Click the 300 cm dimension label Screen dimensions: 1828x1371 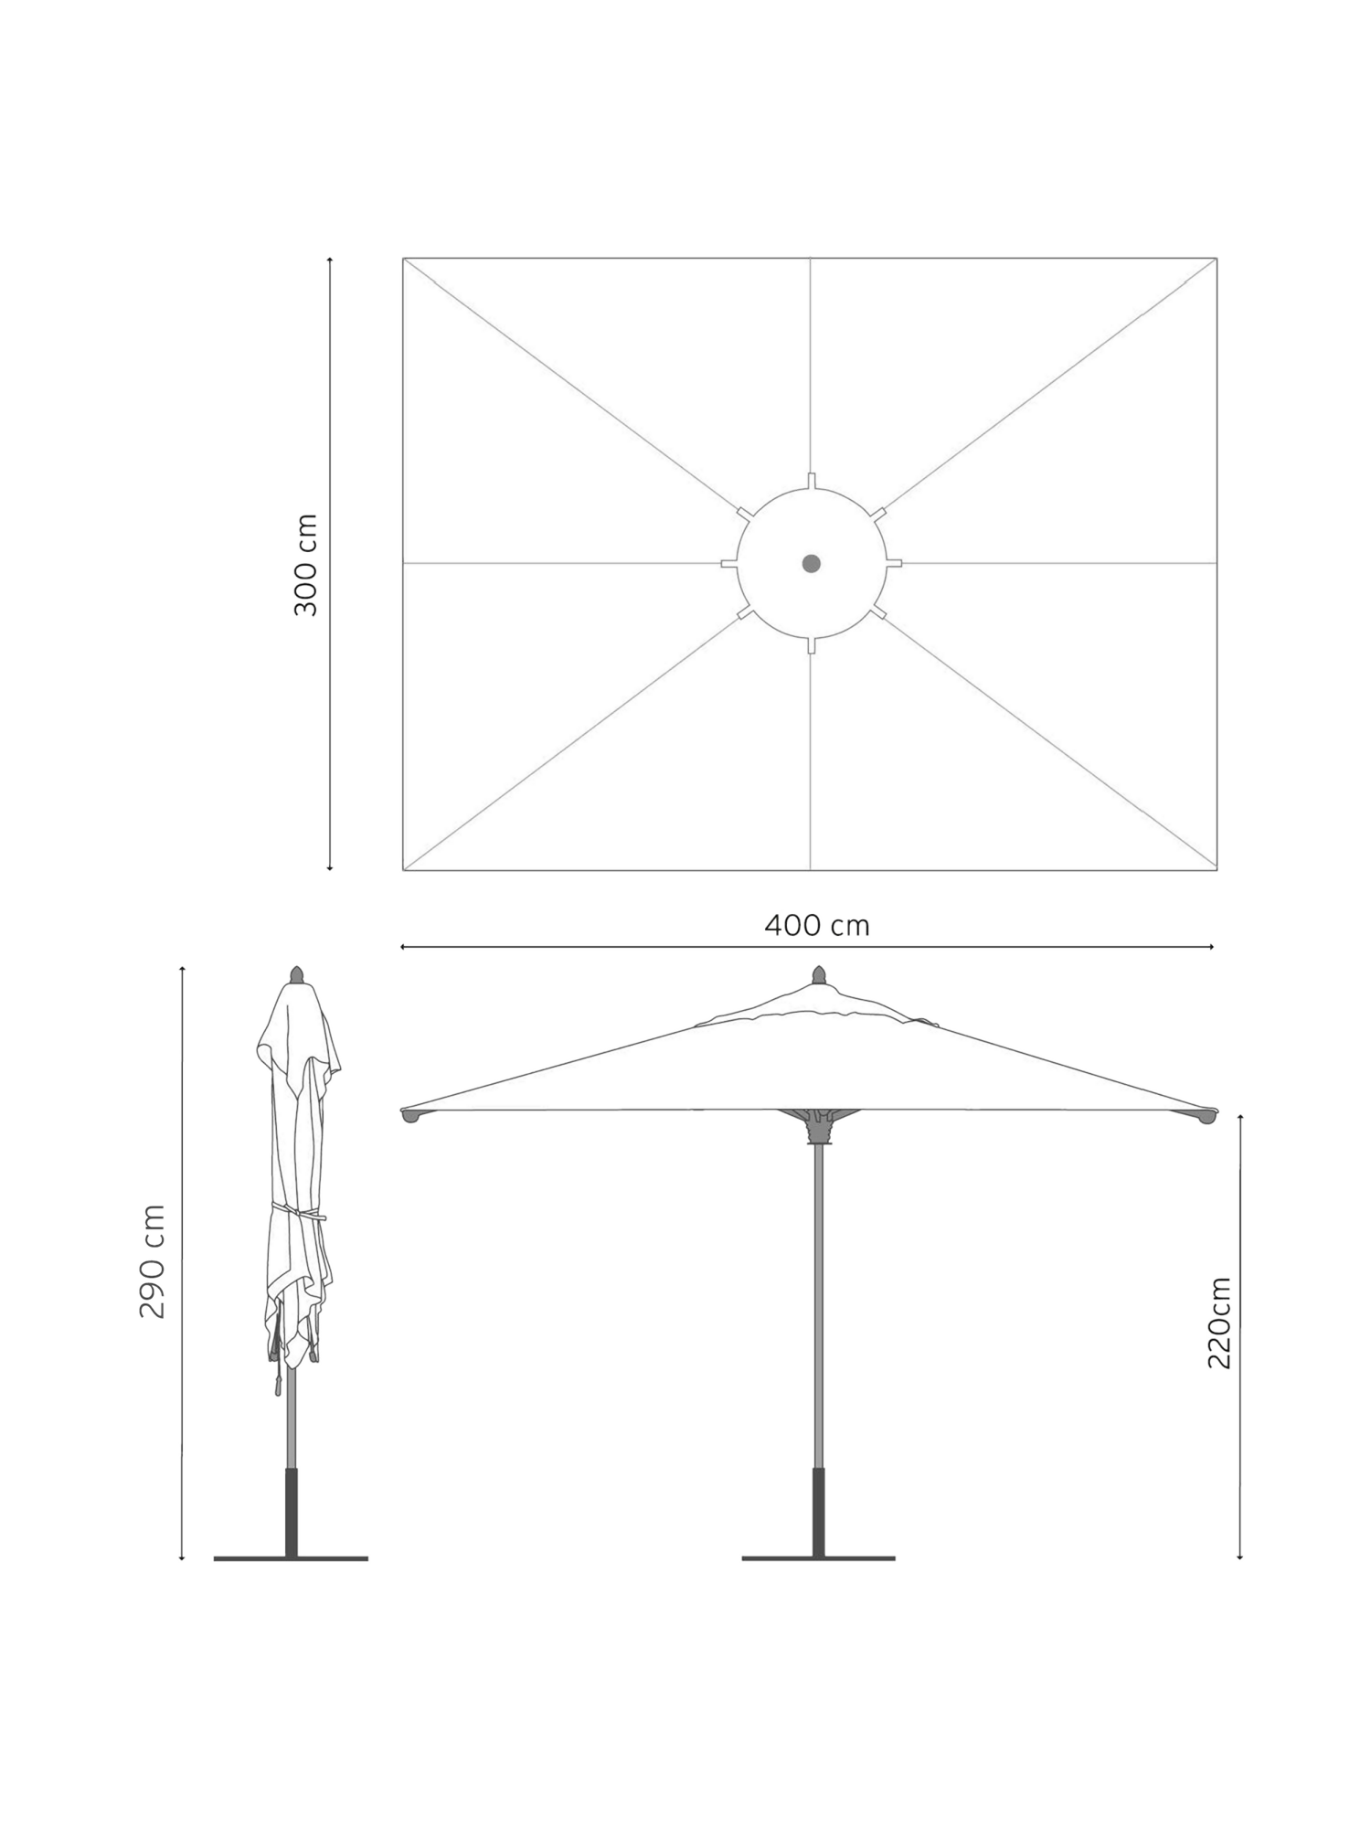tap(305, 565)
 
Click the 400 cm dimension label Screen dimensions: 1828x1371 tap(816, 926)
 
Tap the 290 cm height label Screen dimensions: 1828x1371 tap(152, 1261)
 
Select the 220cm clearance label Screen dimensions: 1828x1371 tap(1219, 1323)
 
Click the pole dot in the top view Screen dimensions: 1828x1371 tap(811, 563)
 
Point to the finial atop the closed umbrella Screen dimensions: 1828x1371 tap(296, 974)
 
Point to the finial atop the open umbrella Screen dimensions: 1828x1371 tap(819, 974)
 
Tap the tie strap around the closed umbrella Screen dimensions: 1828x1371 tap(298, 1213)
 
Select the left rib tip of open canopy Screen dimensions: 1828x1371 tap(410, 1115)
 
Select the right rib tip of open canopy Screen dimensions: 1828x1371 tap(1207, 1115)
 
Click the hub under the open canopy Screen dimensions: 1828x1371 tap(819, 1128)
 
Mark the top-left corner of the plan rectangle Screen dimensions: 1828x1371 tap(403, 259)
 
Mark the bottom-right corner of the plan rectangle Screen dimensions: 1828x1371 tap(1217, 870)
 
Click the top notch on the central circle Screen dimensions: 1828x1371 tap(811, 481)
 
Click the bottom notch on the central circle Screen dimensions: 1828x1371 tap(811, 646)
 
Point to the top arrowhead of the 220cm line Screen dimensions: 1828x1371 tap(1239, 1117)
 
